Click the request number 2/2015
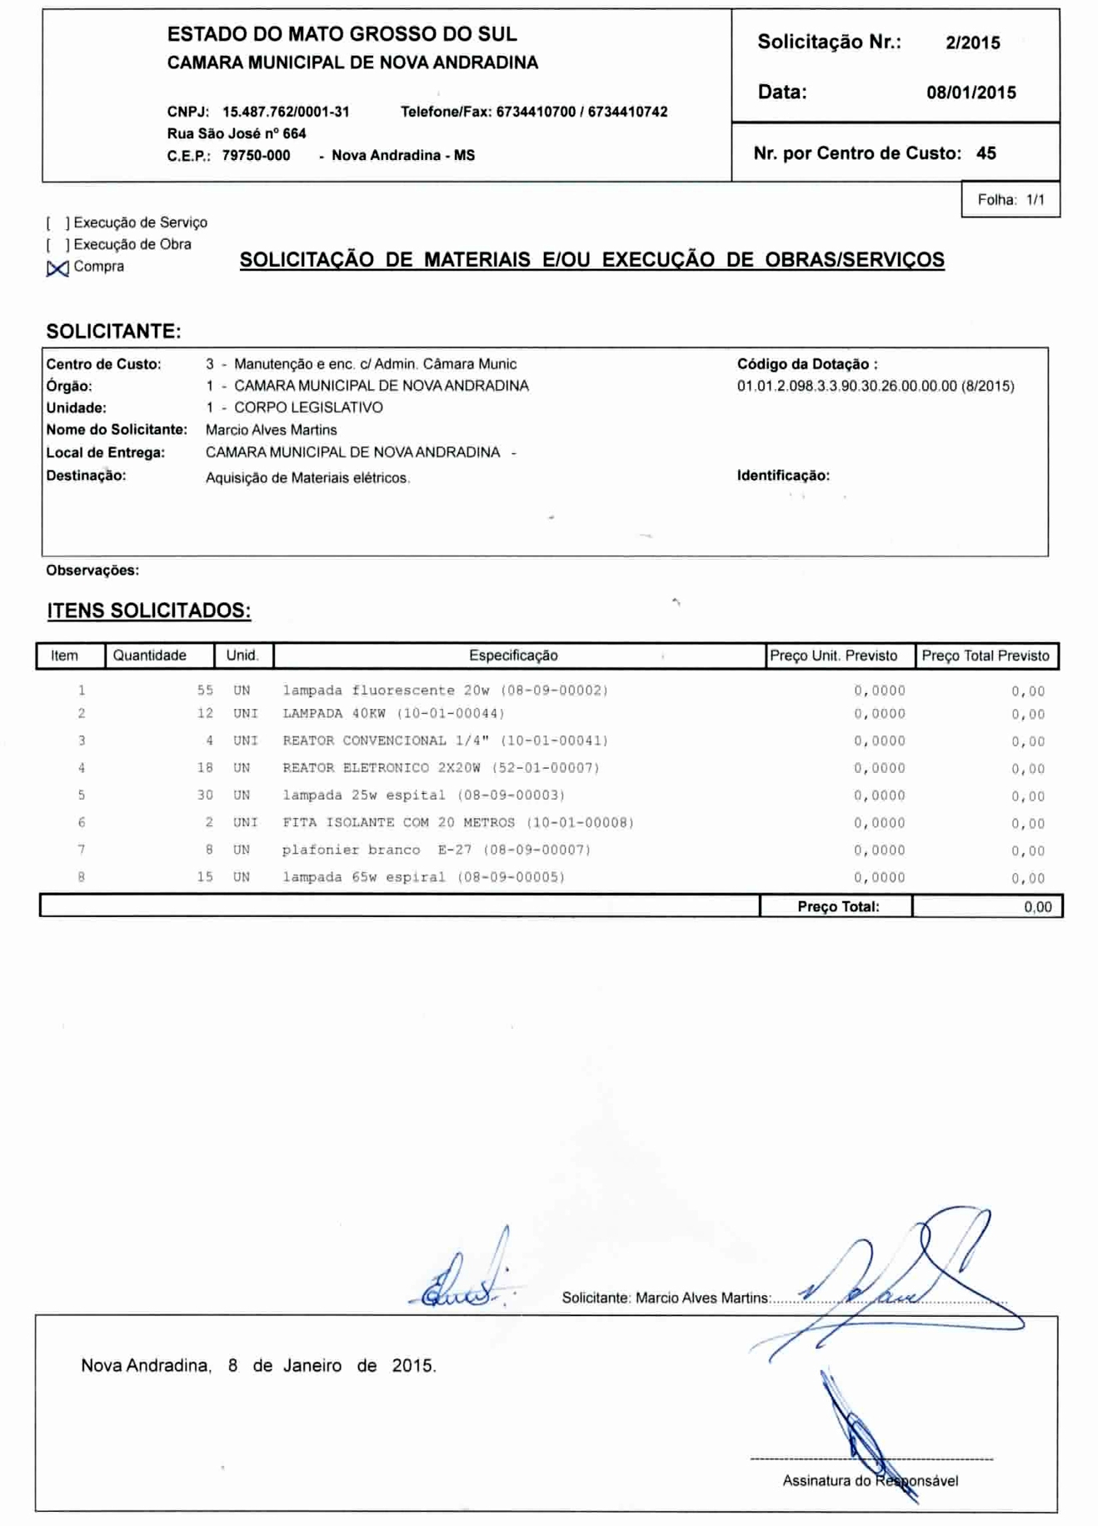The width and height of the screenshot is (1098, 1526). [x=972, y=43]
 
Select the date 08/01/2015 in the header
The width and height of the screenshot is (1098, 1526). [x=971, y=93]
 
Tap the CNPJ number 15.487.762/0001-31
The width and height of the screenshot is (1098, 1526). [x=286, y=112]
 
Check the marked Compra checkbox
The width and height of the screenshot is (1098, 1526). [x=57, y=268]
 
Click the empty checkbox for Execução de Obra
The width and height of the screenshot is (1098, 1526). [x=57, y=245]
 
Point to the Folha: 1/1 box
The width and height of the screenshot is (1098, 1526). [x=1010, y=200]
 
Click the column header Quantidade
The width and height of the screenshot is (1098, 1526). [x=150, y=656]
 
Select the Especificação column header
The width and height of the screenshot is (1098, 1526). [x=513, y=656]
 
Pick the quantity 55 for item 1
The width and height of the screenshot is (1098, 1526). [x=205, y=691]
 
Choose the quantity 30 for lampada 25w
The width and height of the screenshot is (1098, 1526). [x=205, y=795]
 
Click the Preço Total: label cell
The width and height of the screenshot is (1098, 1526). [x=837, y=906]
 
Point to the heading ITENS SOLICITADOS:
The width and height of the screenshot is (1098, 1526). [x=148, y=611]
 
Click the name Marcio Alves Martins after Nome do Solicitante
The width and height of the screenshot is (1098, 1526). [x=271, y=431]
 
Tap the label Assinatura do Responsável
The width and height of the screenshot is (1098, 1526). [x=870, y=1480]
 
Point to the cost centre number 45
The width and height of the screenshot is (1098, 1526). [x=986, y=153]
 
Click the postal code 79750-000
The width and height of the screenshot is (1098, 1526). [x=256, y=156]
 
